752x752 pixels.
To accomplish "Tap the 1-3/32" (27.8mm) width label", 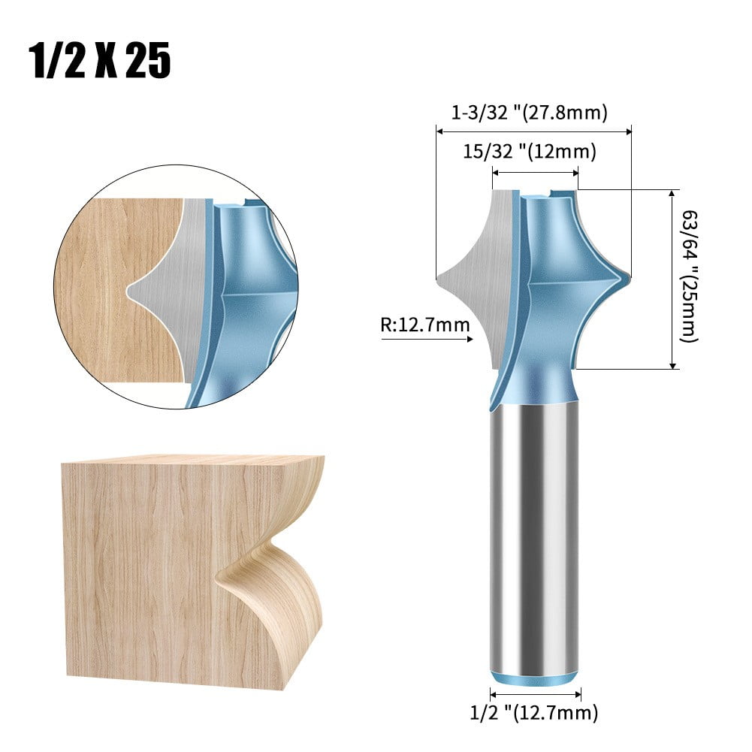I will pos(529,113).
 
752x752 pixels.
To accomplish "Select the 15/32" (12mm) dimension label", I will pos(529,152).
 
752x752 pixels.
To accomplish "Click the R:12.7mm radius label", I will pos(425,325).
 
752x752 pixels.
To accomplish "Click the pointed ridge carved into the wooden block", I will pos(219,578).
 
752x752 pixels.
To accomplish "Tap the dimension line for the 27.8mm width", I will pos(533,131).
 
